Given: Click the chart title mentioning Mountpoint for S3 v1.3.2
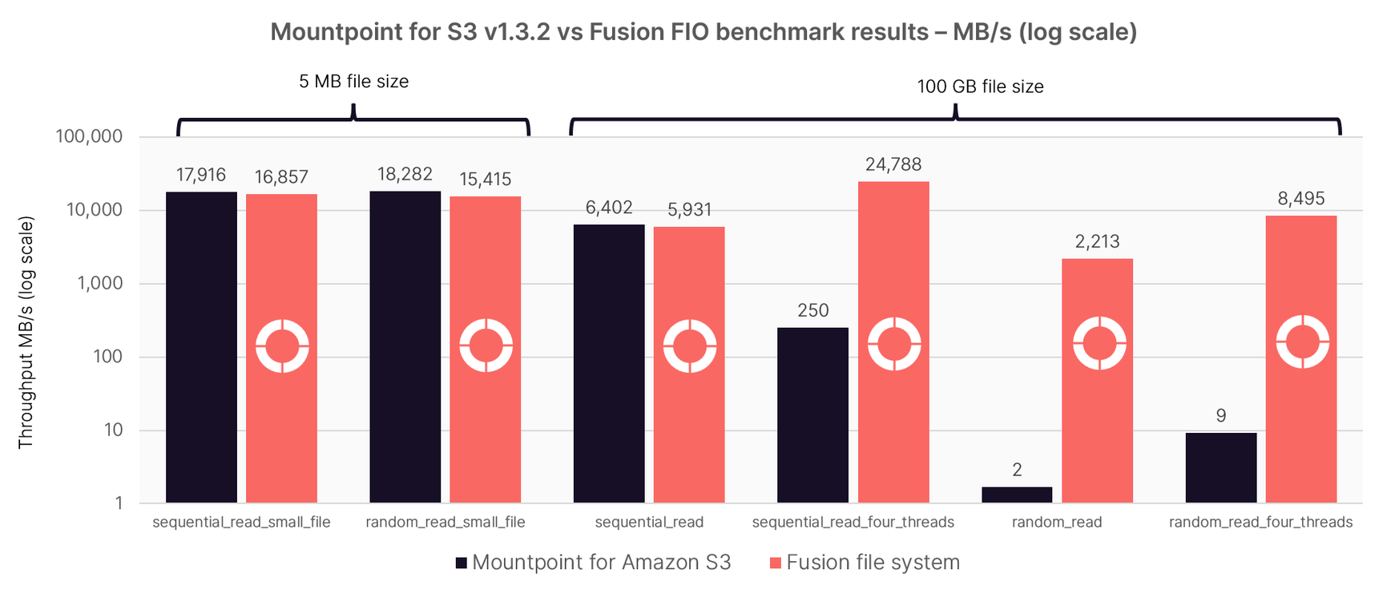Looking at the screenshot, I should click(703, 32).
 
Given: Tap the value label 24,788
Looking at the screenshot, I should click(893, 164).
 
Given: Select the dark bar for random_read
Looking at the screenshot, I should click(1016, 495).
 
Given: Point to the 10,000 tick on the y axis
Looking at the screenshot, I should click(95, 210).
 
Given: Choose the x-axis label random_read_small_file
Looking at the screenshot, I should click(445, 523).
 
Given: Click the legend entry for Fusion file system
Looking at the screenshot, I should click(864, 563).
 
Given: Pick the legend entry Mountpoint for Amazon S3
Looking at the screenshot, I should click(593, 563).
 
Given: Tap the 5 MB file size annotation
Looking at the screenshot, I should click(353, 82).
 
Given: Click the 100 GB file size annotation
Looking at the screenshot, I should click(979, 87).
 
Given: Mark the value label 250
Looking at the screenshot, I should click(812, 310).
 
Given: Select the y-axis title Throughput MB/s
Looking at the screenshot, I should click(26, 332).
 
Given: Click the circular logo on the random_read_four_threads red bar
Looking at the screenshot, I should click(1302, 341).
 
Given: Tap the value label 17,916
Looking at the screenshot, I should click(201, 175).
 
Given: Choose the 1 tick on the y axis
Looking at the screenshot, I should click(119, 503).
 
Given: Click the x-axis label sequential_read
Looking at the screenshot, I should click(648, 523).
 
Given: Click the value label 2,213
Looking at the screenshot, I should click(1096, 241).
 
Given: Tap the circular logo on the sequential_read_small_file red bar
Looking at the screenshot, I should click(282, 346).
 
